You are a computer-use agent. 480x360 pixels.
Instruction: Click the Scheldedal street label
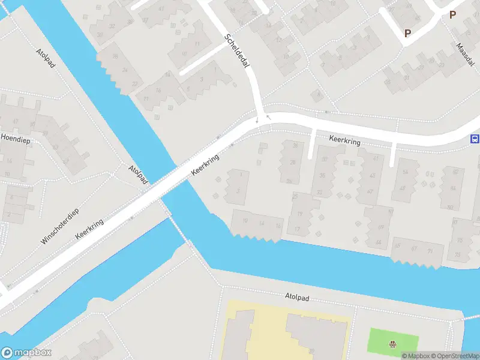click(x=236, y=59)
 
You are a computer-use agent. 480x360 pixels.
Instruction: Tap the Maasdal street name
click(x=465, y=55)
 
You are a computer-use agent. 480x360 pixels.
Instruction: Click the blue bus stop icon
click(x=475, y=139)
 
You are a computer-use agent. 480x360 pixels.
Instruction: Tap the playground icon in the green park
click(x=392, y=344)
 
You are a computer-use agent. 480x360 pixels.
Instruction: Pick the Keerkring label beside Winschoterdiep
click(x=89, y=230)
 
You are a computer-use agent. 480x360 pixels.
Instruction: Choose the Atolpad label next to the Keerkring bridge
click(x=138, y=175)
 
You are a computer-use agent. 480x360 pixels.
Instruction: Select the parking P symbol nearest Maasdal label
click(x=452, y=15)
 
